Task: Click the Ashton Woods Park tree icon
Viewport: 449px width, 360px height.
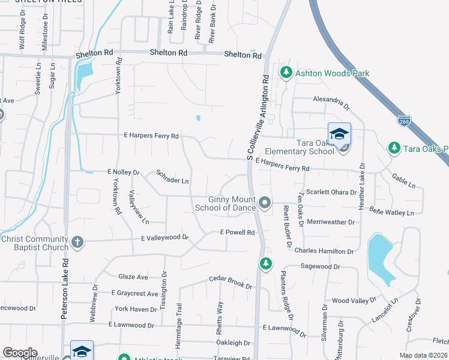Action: click(286, 73)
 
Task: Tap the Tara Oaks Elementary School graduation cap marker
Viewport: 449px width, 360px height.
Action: click(339, 133)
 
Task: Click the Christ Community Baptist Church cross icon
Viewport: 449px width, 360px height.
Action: click(77, 242)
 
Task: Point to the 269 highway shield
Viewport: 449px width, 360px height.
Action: click(405, 120)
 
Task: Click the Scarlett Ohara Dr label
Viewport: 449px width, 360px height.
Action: click(333, 192)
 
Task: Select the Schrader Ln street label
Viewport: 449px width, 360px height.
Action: click(172, 177)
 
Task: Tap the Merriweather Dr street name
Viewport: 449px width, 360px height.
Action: click(331, 222)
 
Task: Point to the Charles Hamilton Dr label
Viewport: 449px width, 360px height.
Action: click(326, 251)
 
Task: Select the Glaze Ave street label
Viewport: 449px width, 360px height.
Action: click(133, 277)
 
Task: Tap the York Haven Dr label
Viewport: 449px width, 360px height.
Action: click(136, 309)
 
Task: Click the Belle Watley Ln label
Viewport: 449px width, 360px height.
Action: click(392, 212)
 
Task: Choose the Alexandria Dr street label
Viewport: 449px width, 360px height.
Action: click(331, 103)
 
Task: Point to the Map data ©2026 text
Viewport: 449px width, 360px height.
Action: click(423, 355)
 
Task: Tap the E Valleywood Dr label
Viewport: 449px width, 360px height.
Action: click(164, 238)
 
